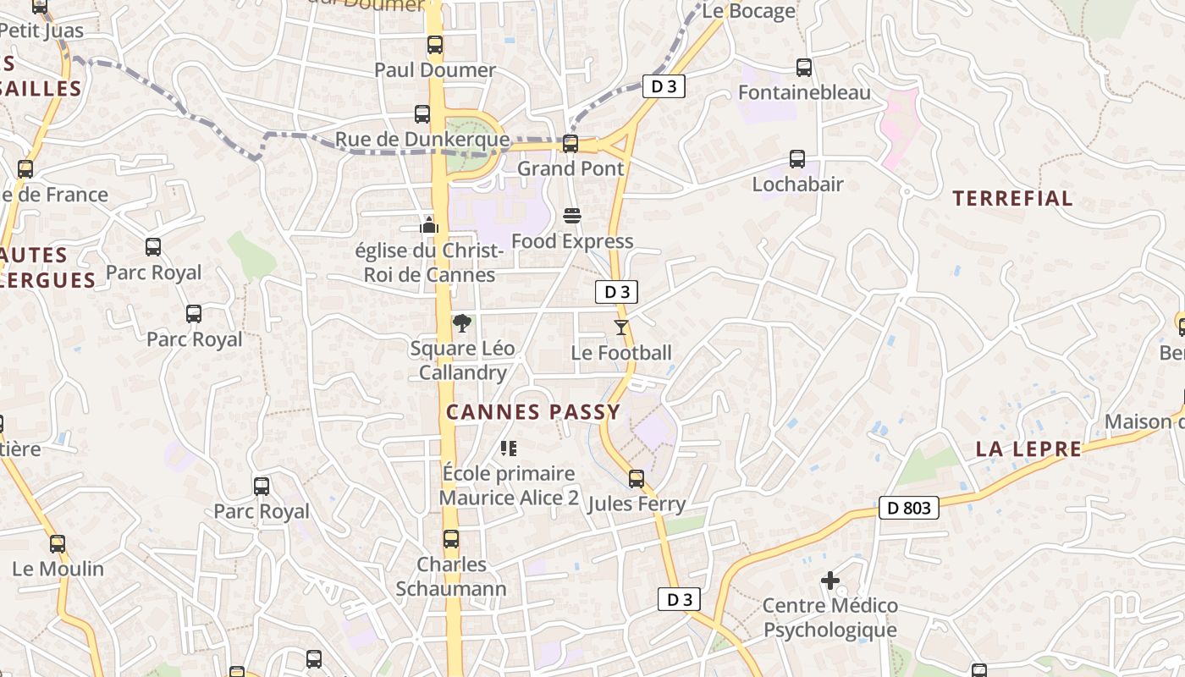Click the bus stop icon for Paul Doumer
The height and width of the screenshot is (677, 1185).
(x=434, y=45)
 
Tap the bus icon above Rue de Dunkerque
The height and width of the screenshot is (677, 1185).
(x=422, y=114)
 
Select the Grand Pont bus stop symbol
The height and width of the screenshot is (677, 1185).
(x=570, y=144)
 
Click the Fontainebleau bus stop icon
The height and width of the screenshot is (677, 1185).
(x=803, y=68)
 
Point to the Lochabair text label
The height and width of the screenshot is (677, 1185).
(x=797, y=184)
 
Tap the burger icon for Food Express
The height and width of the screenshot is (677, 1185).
(x=572, y=216)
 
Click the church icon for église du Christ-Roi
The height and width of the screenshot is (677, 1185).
(x=429, y=225)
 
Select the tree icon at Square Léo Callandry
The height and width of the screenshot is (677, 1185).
(x=462, y=323)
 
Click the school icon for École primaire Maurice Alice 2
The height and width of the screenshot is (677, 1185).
(x=508, y=448)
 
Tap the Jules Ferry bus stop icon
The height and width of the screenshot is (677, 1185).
(x=637, y=479)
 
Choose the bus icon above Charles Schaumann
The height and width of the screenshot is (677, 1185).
(x=451, y=539)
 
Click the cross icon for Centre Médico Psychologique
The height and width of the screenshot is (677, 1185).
(x=829, y=581)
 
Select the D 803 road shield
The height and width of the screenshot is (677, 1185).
(x=909, y=508)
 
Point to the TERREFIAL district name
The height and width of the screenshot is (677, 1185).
(x=1012, y=199)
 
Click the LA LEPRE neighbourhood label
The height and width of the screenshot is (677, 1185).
(x=1028, y=449)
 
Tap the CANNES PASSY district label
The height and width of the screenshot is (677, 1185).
(x=533, y=412)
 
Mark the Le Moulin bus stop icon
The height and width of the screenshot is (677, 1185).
(x=58, y=543)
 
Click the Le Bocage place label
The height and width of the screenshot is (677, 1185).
(x=748, y=11)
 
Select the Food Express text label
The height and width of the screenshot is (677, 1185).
(x=572, y=241)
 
